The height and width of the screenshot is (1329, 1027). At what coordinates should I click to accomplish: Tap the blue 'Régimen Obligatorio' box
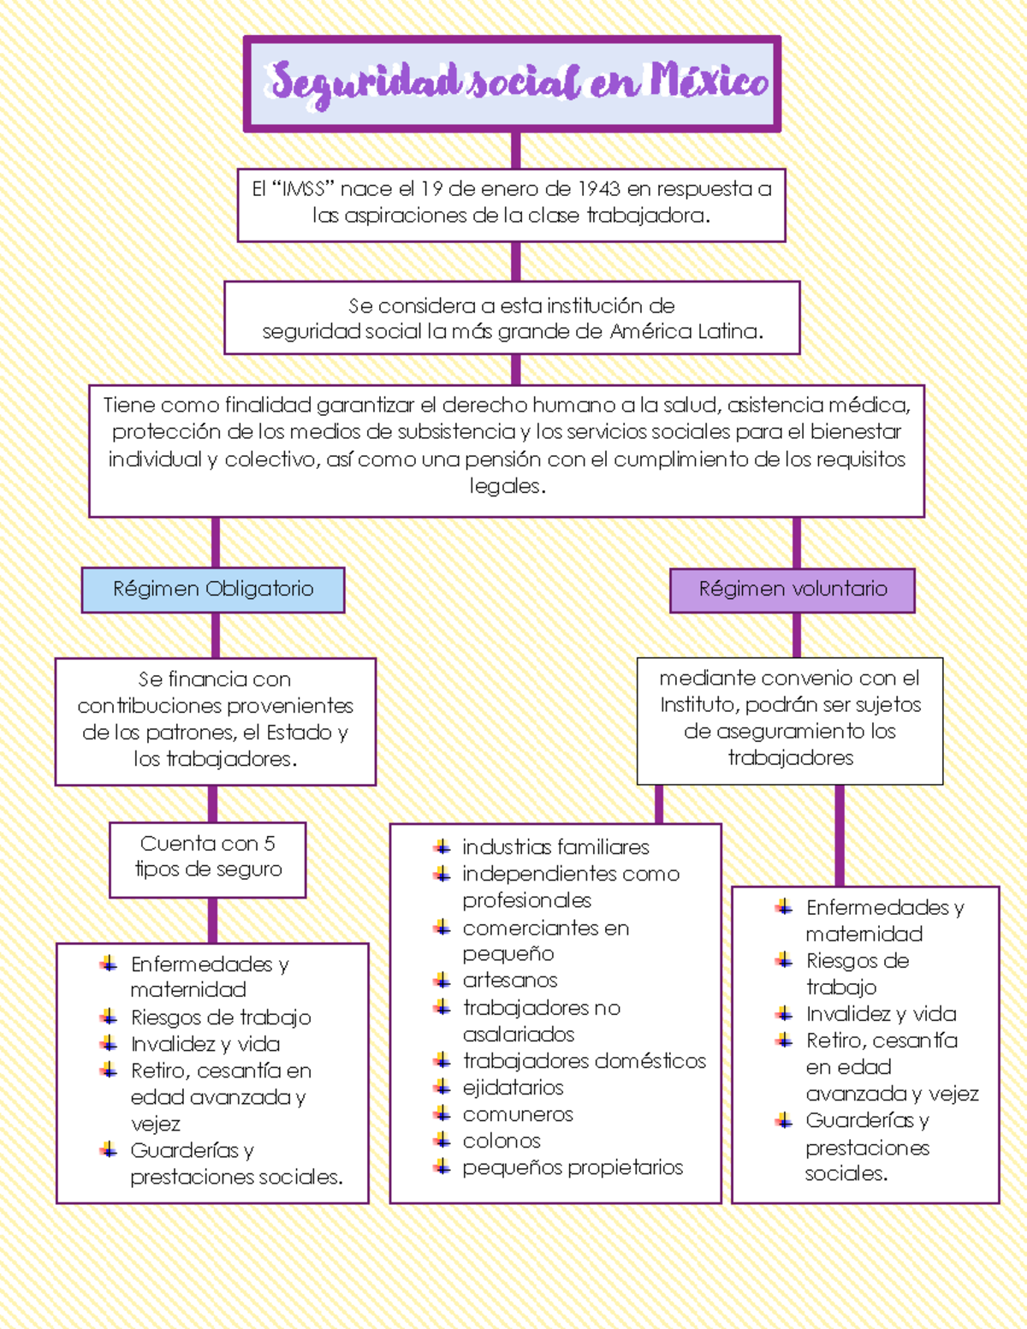pyautogui.click(x=213, y=590)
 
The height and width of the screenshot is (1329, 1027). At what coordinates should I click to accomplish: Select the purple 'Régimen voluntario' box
pyautogui.click(x=793, y=590)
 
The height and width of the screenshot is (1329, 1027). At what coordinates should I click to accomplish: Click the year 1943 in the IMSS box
pyautogui.click(x=598, y=189)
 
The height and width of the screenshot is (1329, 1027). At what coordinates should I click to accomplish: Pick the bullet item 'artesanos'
pyautogui.click(x=510, y=981)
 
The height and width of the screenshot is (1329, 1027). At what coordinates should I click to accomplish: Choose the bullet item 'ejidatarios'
pyautogui.click(x=513, y=1088)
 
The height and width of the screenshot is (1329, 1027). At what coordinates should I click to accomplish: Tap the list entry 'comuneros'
pyautogui.click(x=518, y=1114)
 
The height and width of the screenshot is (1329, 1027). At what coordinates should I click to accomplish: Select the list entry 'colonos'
pyautogui.click(x=502, y=1141)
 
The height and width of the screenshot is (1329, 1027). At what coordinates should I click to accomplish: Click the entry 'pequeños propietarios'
pyautogui.click(x=573, y=1167)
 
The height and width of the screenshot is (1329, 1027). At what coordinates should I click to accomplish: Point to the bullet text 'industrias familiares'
pyautogui.click(x=555, y=847)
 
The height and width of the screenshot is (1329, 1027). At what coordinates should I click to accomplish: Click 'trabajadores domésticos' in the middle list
pyautogui.click(x=585, y=1061)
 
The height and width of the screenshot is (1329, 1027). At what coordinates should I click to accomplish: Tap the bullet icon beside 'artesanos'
pyautogui.click(x=442, y=981)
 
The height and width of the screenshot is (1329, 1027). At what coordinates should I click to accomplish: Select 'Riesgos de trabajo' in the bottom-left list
pyautogui.click(x=221, y=1018)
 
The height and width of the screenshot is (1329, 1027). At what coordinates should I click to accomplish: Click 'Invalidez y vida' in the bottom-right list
pyautogui.click(x=881, y=1014)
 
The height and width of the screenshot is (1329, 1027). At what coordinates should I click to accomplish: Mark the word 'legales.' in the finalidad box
pyautogui.click(x=508, y=486)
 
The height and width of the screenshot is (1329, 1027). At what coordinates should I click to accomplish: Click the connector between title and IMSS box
pyautogui.click(x=515, y=150)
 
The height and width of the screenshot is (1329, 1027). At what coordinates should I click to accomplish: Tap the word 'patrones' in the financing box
pyautogui.click(x=190, y=733)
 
